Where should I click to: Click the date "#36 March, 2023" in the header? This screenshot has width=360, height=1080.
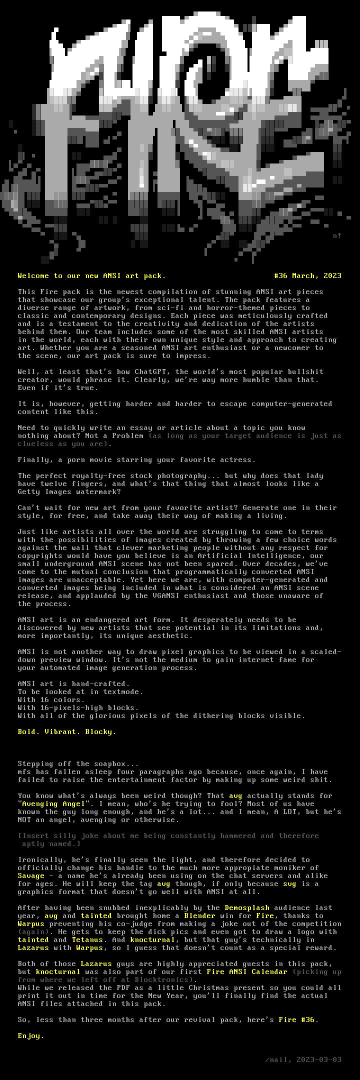coord(307,275)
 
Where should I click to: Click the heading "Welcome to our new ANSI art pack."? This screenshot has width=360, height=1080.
coord(91,275)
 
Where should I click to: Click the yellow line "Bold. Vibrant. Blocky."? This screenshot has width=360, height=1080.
coord(67,731)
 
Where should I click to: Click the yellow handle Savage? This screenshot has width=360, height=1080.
coord(31,875)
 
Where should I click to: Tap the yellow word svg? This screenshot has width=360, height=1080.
coord(289,883)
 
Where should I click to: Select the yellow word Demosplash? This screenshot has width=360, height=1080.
coord(247,907)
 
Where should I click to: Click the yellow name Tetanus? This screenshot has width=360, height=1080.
coord(87,939)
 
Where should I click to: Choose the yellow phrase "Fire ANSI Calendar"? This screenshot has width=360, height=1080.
coord(247,971)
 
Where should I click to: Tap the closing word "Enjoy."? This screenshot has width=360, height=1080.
coord(31,1035)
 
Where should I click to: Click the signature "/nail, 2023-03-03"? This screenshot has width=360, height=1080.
coord(303,1059)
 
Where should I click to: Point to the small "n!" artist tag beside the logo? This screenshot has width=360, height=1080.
coord(337,235)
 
